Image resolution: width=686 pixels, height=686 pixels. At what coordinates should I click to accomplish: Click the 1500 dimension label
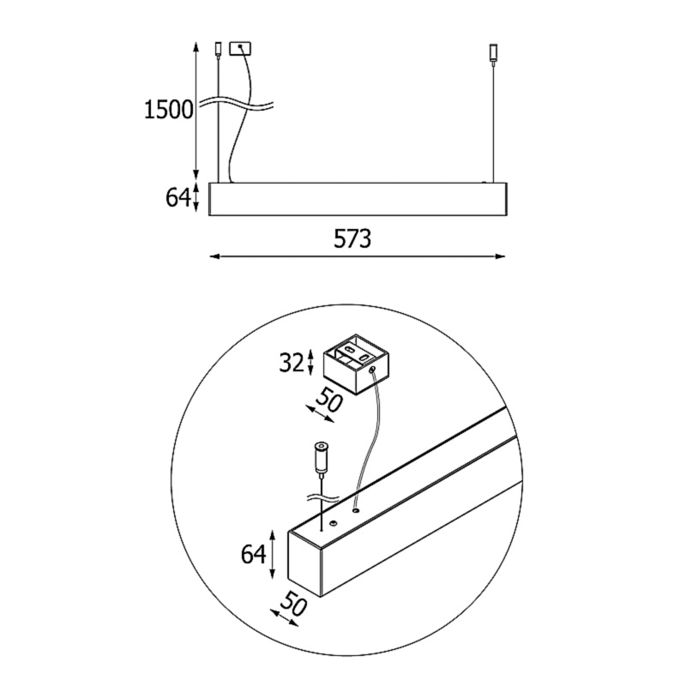[x=168, y=110]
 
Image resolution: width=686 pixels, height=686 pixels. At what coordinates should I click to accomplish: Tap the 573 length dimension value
[x=352, y=239]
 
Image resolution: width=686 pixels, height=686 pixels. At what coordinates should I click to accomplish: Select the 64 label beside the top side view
[x=178, y=198]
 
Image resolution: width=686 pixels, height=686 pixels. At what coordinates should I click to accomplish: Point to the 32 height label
[x=292, y=363]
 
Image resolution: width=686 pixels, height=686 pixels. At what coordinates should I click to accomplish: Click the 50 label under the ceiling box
[x=328, y=400]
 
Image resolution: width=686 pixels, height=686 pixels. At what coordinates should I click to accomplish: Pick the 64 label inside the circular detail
[x=253, y=555]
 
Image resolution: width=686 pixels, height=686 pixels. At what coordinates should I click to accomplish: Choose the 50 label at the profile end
[x=293, y=604]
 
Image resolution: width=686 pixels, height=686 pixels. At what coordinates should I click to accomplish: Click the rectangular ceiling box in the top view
[x=240, y=49]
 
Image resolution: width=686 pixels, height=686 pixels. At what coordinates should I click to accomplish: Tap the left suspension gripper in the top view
[x=219, y=50]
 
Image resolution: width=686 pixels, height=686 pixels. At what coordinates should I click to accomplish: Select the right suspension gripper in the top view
[x=494, y=52]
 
